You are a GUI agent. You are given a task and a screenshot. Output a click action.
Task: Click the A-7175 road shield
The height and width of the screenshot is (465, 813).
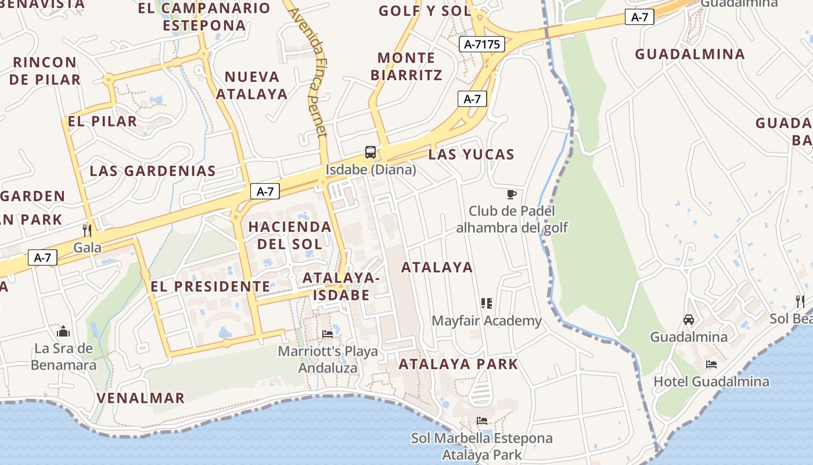[x=482, y=44]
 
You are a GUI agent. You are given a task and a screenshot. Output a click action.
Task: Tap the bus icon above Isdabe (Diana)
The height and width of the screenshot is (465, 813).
[x=370, y=152]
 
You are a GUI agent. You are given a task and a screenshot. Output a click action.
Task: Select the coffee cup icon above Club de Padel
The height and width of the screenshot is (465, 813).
[x=511, y=194]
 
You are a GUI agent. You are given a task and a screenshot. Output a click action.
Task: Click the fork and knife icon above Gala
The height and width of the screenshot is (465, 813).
[x=87, y=230]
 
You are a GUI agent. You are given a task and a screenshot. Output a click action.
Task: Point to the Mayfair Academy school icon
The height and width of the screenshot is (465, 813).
[x=487, y=303]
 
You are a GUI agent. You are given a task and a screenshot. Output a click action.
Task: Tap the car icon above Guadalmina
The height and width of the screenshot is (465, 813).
[x=688, y=319]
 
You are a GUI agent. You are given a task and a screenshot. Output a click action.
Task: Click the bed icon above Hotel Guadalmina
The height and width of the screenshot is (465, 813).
[x=711, y=364]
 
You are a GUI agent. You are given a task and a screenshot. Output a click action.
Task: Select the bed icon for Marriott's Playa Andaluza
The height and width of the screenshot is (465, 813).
[x=328, y=334]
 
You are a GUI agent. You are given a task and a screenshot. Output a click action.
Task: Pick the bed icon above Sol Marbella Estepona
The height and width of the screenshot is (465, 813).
[x=481, y=420]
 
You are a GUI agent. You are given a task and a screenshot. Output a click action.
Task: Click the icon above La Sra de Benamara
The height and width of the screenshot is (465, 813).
[x=63, y=331]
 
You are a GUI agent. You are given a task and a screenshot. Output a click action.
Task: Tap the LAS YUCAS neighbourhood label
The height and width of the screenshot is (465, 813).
[x=472, y=155]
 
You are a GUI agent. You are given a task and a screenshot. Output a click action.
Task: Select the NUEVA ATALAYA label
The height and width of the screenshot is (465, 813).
[x=252, y=85]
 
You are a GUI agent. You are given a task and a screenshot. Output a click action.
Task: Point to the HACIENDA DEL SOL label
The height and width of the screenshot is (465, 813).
[x=290, y=235]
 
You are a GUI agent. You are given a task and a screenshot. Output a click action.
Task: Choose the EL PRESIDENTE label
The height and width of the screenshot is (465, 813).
[x=210, y=287]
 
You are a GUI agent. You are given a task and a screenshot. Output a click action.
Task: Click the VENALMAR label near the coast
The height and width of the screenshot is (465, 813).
[x=141, y=398]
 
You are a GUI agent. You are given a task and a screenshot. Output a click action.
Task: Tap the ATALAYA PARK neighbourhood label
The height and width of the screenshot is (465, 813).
[x=458, y=364]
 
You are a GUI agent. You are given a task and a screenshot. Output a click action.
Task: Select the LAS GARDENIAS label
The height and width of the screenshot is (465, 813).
[x=153, y=171]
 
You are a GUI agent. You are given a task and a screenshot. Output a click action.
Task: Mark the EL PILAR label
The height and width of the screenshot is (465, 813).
[x=102, y=121]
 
